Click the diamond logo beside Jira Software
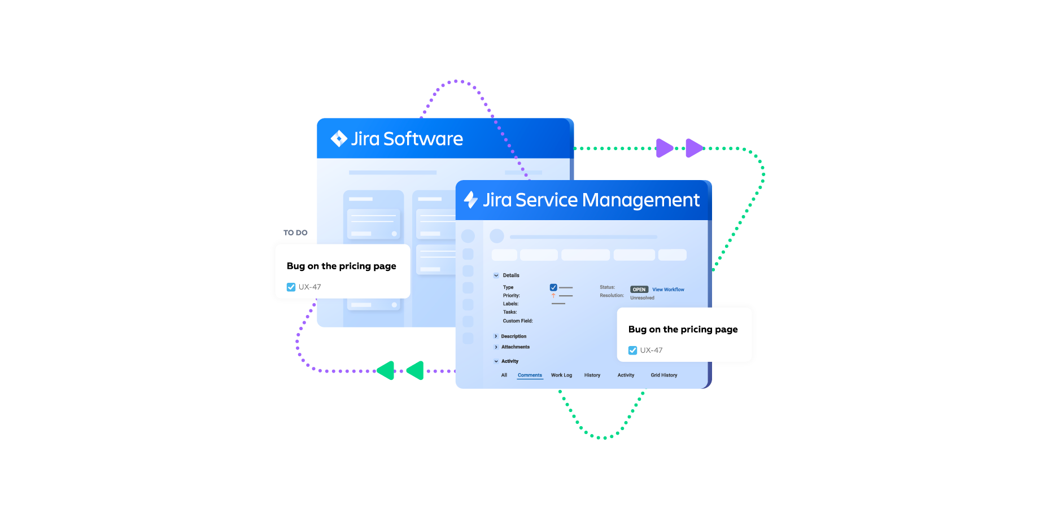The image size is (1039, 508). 339,138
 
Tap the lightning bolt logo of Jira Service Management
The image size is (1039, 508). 470,199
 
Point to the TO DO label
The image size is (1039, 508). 295,233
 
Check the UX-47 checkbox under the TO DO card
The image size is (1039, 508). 291,287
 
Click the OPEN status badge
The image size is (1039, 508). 639,290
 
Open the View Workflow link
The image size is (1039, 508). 668,290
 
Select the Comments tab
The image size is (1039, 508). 530,375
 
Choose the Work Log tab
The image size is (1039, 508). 561,375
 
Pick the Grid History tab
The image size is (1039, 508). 663,375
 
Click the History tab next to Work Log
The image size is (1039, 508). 592,375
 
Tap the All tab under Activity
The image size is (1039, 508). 504,375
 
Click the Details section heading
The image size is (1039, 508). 511,275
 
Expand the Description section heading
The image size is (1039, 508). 513,336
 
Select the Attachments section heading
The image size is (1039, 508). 515,347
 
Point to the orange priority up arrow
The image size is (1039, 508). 553,296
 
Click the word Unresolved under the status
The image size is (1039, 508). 642,298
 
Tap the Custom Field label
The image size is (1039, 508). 518,321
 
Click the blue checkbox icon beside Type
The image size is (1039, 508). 553,287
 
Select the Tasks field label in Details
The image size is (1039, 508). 510,312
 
